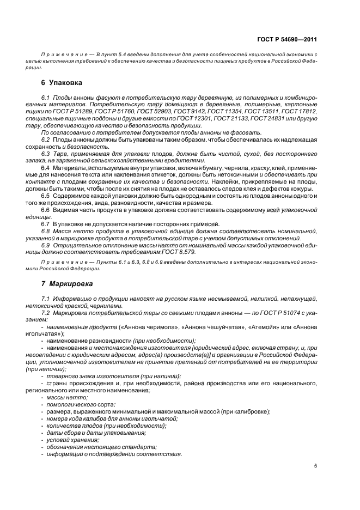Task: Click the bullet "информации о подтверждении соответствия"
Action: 114,454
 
